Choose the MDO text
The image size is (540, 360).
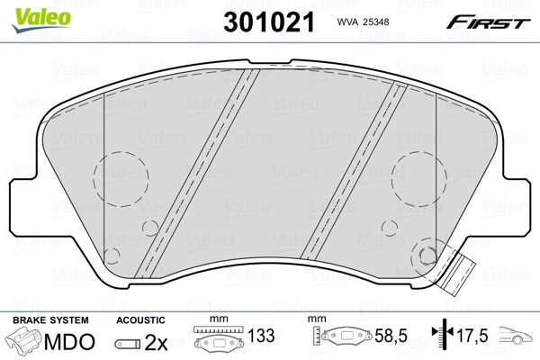click(70, 341)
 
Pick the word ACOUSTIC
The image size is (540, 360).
click(141, 320)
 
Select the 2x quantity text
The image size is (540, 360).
click(156, 341)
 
